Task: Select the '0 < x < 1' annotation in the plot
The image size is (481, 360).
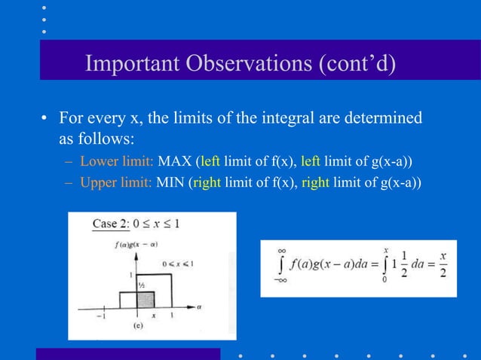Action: click(x=178, y=264)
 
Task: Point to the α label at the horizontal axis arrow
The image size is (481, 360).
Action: click(x=201, y=307)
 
